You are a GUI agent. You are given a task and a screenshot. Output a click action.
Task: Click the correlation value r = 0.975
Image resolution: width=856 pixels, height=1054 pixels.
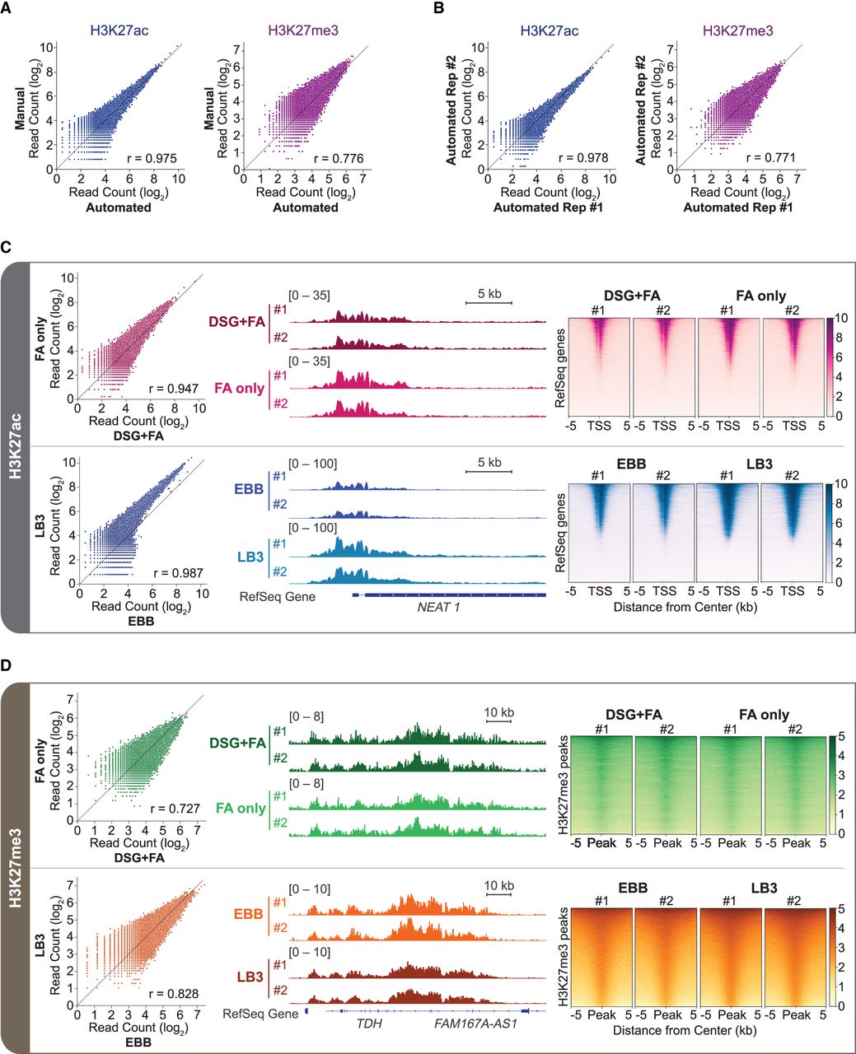152,158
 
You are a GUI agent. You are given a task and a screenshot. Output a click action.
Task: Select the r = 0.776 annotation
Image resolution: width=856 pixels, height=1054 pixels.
339,158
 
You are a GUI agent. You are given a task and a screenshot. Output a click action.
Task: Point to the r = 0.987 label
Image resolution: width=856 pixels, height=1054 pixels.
178,573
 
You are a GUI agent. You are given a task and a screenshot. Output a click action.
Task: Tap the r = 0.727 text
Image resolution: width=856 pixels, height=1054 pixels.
175,809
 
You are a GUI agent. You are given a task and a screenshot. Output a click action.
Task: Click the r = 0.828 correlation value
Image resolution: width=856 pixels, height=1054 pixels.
174,994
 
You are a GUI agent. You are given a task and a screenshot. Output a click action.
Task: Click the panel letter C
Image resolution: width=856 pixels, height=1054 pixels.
6,247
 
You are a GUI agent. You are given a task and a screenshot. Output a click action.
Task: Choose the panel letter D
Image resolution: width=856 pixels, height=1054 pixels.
6,665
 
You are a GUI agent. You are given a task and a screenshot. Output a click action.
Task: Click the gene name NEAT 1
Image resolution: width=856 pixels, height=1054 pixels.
438,607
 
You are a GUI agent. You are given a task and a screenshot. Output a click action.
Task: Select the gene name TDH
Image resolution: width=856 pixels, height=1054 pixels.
369,1023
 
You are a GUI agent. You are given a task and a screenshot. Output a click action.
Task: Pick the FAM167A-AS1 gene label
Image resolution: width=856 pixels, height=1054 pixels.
475,1023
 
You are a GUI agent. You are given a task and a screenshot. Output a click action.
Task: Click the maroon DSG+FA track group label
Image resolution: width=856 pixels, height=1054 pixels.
237,322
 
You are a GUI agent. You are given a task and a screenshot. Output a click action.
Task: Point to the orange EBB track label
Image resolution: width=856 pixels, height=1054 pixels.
249,913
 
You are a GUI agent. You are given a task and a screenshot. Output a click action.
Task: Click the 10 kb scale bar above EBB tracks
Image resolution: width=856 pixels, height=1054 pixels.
498,894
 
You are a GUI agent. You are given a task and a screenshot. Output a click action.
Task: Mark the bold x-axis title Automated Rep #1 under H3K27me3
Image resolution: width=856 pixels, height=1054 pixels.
737,208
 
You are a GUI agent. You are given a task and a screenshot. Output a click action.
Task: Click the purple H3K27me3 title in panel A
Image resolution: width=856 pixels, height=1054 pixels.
303,30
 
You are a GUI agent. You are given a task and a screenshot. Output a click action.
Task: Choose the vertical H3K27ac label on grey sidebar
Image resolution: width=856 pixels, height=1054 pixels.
16,446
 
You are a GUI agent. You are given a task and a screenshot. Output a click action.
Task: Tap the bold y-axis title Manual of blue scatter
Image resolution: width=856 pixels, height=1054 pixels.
20,109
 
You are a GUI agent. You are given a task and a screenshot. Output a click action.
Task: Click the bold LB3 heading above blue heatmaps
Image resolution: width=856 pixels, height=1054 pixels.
760,464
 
